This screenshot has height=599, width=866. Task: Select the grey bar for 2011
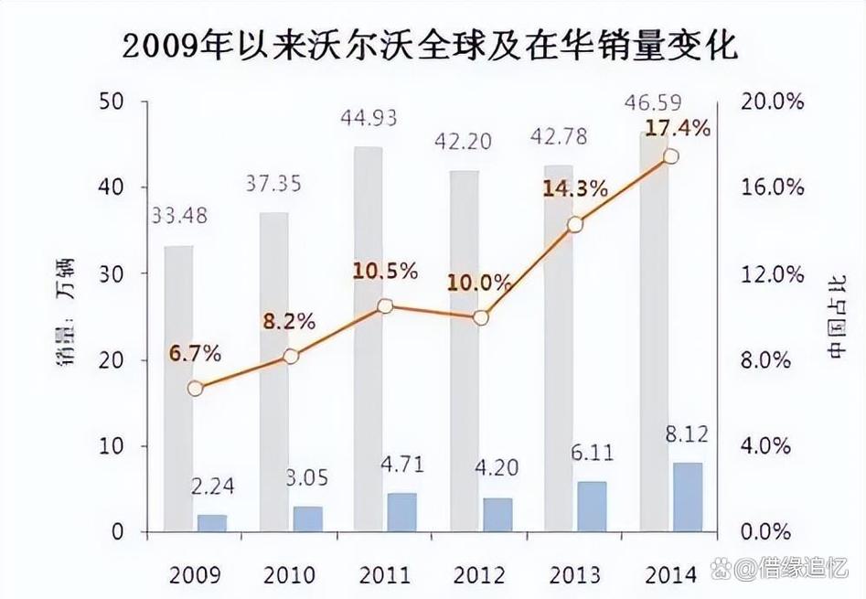point(368,338)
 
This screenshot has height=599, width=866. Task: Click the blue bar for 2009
point(212,522)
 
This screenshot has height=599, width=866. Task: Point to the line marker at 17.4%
point(670,156)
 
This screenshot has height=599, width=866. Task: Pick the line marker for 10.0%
point(481,317)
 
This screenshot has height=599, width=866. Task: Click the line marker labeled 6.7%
point(196,388)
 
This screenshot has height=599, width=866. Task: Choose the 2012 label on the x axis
point(479,575)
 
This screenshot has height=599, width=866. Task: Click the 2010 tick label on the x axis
point(289,575)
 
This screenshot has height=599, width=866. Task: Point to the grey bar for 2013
point(558,348)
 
